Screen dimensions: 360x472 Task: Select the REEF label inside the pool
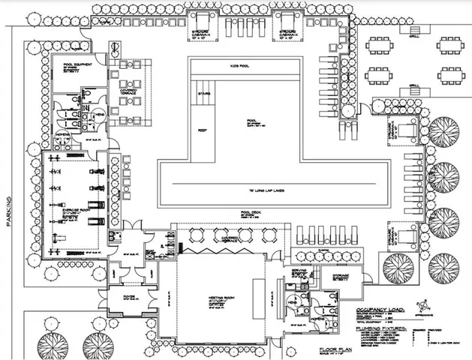(x=201, y=129)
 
